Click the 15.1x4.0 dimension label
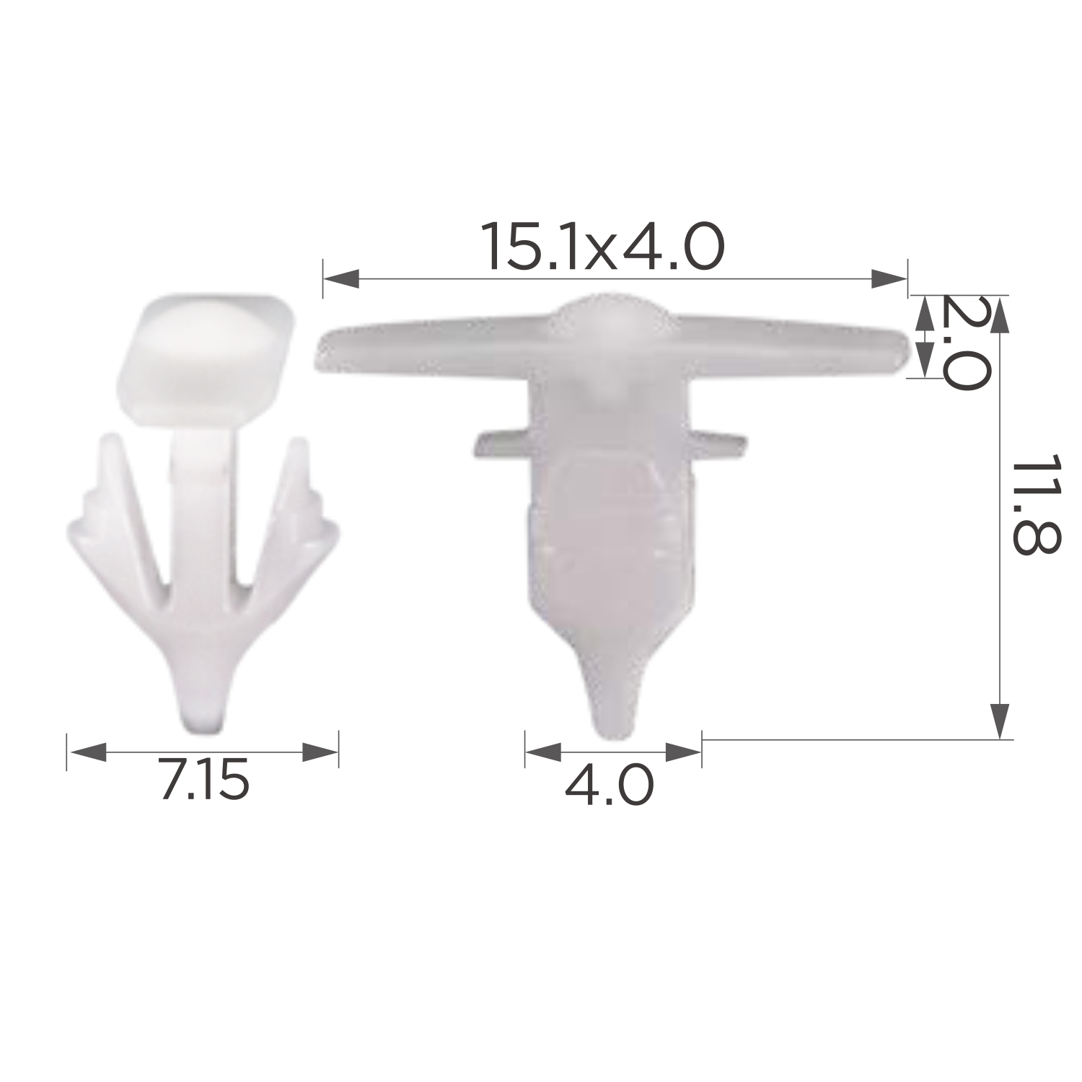pos(604,246)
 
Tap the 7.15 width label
pos(204,781)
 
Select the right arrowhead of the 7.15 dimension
pos(320,752)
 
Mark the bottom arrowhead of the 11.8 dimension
pos(999,721)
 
